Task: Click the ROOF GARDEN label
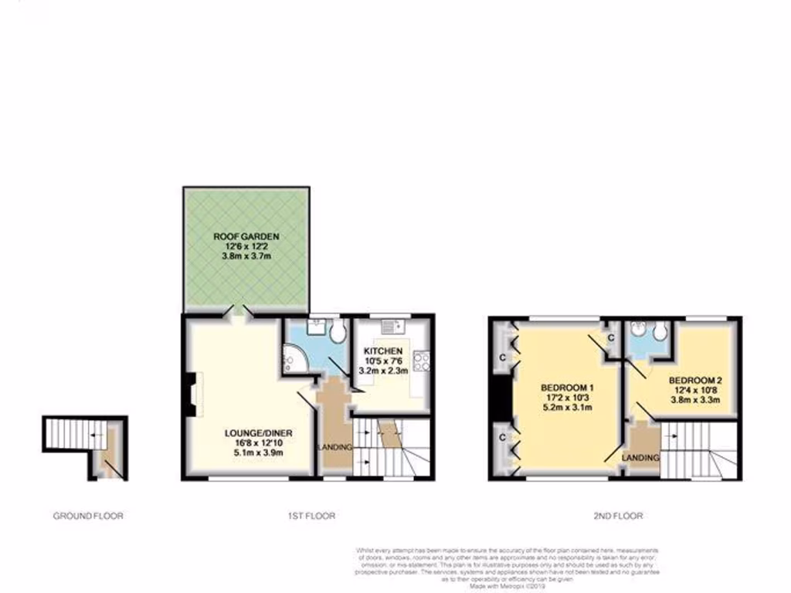tap(247, 236)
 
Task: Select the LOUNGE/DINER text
tap(248, 433)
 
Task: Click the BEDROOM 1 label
tap(567, 387)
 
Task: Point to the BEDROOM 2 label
tap(694, 380)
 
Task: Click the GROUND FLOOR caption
tap(87, 516)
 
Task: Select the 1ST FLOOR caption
tap(308, 516)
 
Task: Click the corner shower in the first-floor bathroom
tap(294, 357)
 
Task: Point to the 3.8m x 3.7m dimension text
tap(247, 256)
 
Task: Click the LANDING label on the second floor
tap(642, 458)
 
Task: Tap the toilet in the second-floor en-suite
tap(659, 331)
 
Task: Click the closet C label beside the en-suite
tap(610, 337)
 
